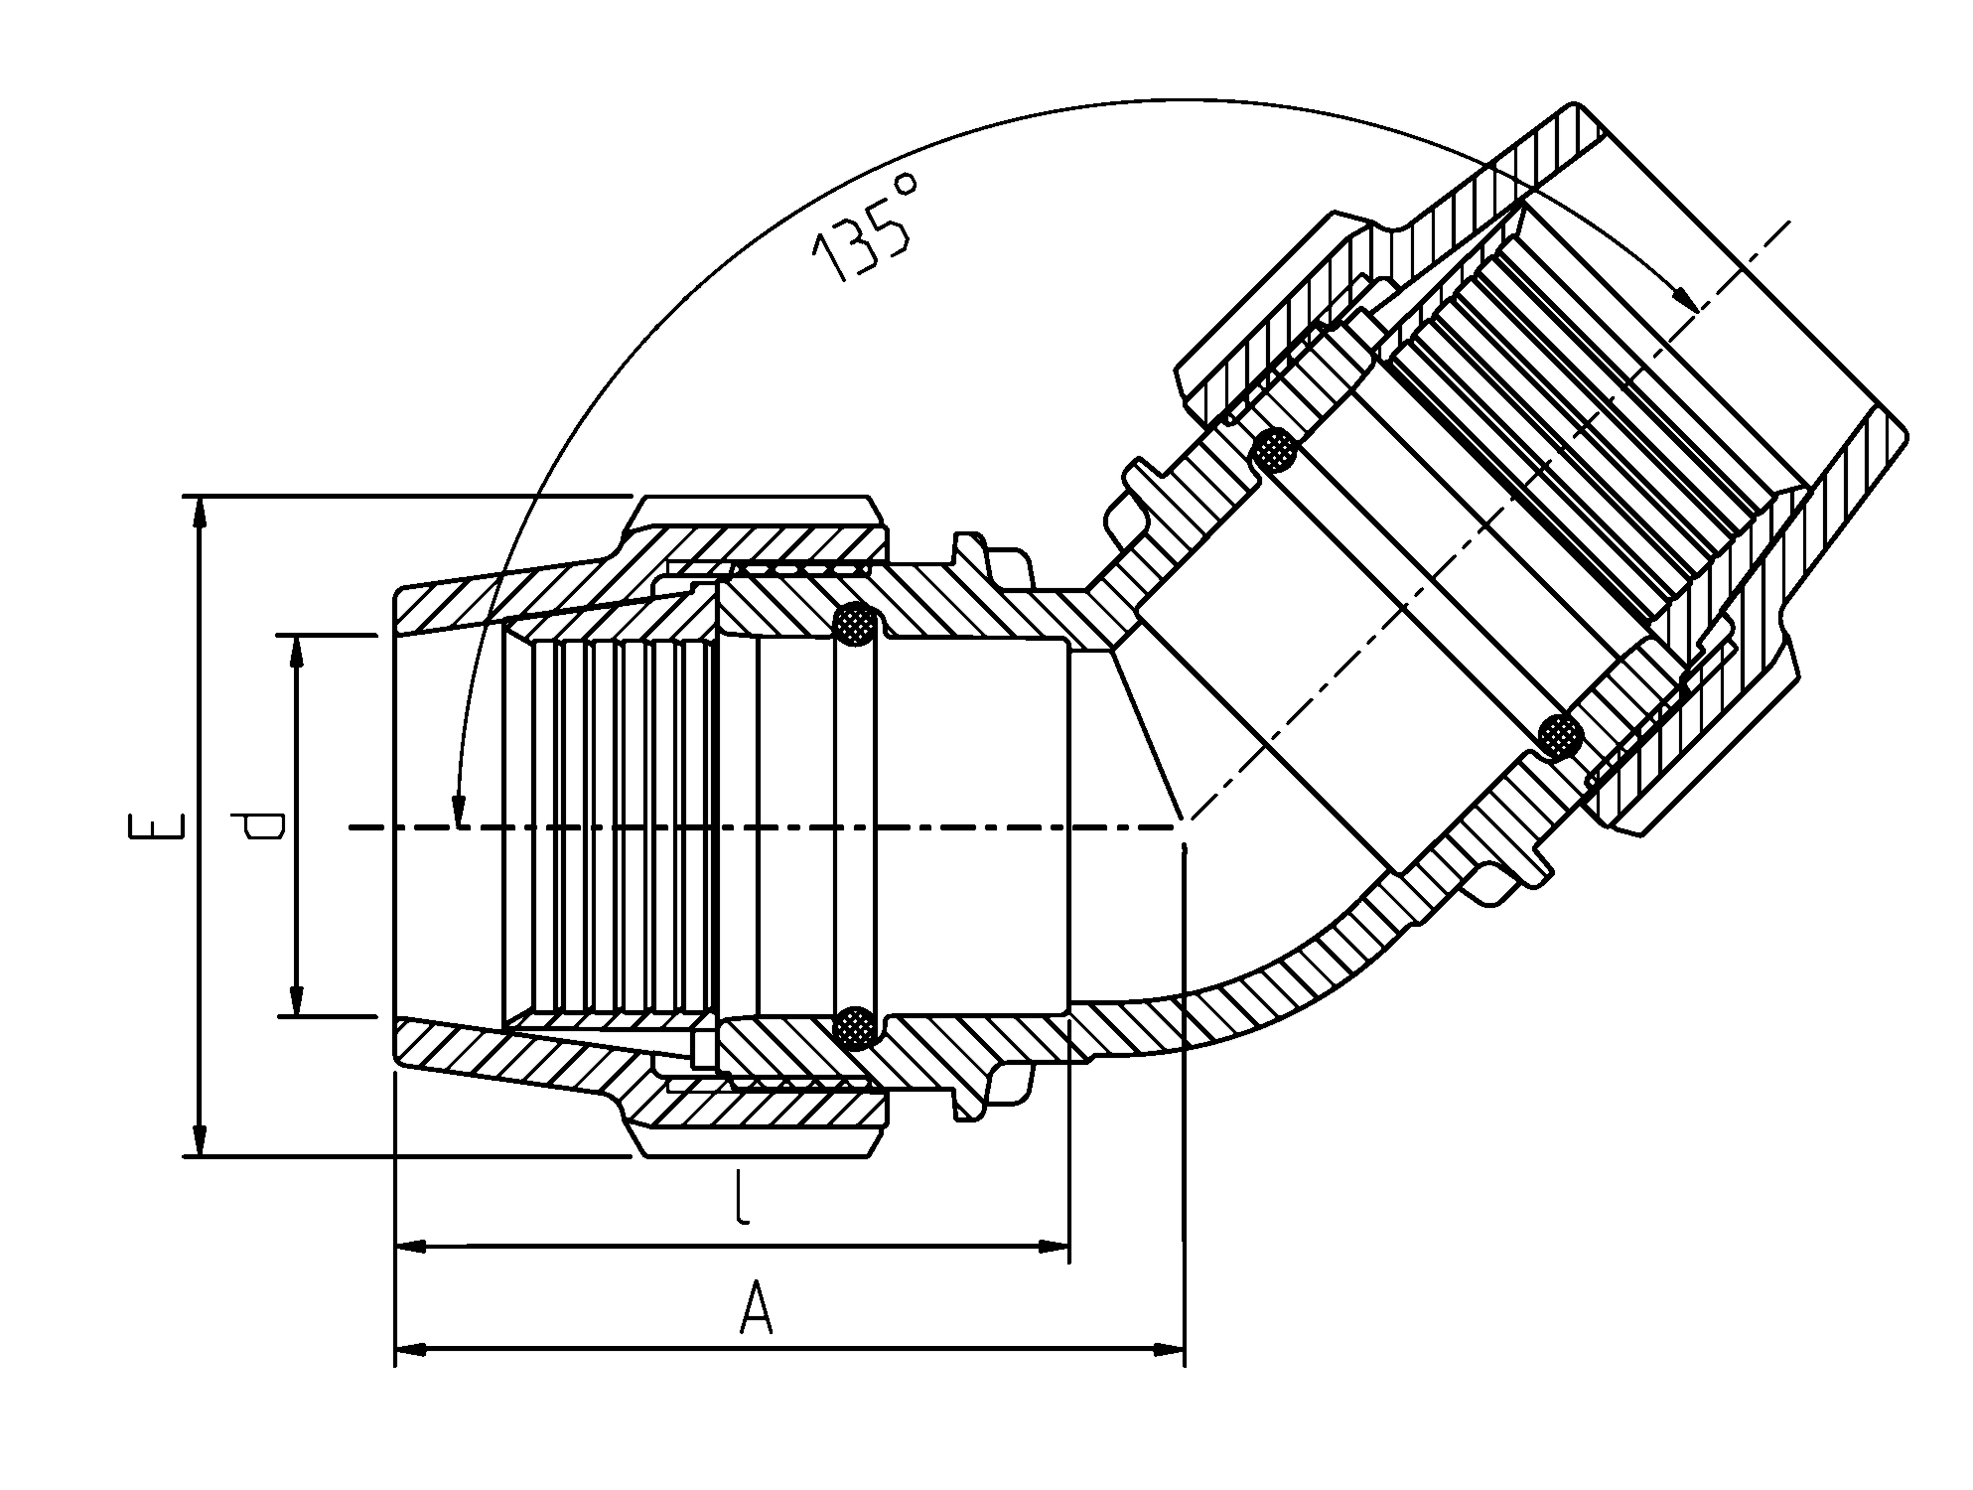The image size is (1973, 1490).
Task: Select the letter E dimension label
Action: pos(157,826)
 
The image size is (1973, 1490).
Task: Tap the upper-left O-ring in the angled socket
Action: pos(1275,452)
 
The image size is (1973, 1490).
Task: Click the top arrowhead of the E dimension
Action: pos(201,511)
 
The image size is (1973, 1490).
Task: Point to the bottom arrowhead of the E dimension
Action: pos(201,1140)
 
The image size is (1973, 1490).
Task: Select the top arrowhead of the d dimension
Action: pos(296,650)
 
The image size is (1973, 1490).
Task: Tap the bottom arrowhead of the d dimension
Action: pos(296,1001)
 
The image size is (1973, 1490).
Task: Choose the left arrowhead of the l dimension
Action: pos(411,1246)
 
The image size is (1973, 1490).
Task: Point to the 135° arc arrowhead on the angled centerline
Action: pos(1684,297)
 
